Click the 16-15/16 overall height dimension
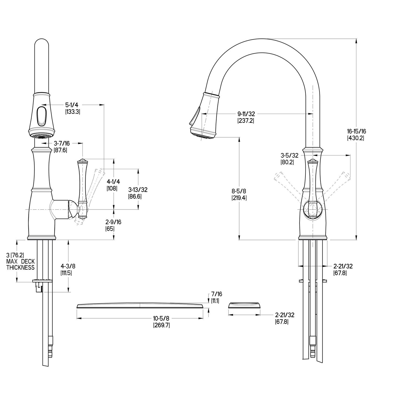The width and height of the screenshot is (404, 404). point(357,131)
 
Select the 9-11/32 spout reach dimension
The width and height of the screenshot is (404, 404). point(246,114)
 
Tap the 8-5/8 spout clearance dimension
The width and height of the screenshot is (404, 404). point(239,191)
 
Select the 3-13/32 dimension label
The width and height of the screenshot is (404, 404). point(138,190)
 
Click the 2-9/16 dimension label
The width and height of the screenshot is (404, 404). point(113,222)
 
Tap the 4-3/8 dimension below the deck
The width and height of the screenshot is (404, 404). point(68,266)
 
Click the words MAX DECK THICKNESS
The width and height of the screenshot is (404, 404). point(20,264)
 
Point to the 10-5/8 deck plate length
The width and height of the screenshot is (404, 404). point(162,319)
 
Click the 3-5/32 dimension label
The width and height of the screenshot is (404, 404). point(289,155)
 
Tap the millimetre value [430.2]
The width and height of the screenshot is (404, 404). point(357,138)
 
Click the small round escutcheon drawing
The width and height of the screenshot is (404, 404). point(244,305)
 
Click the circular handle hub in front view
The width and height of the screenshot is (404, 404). point(313,209)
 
